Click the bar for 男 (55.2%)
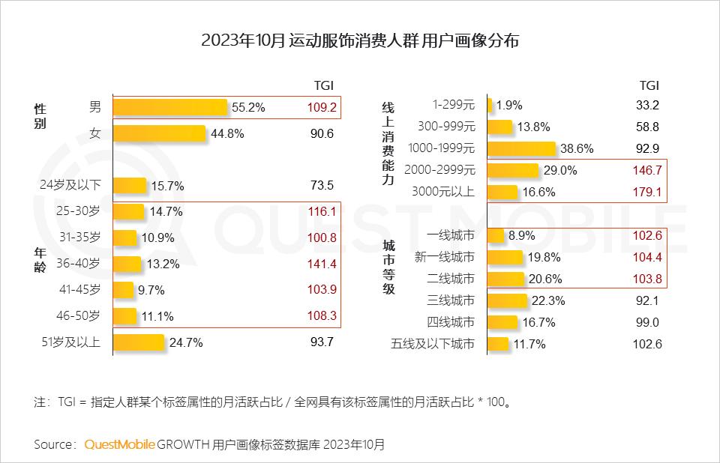pyautogui.click(x=170, y=107)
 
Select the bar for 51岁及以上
pyautogui.click(x=139, y=342)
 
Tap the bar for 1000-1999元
pyautogui.click(x=522, y=148)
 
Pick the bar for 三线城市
pyautogui.click(x=508, y=300)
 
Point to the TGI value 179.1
pyautogui.click(x=646, y=192)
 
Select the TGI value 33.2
pyautogui.click(x=646, y=105)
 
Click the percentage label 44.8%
pyautogui.click(x=226, y=134)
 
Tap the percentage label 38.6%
pyautogui.click(x=577, y=149)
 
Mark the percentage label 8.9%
pyautogui.click(x=521, y=235)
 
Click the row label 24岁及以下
pyautogui.click(x=70, y=185)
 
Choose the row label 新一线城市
pyautogui.click(x=444, y=257)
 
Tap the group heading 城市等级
pyautogui.click(x=388, y=267)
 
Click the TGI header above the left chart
pyautogui.click(x=323, y=85)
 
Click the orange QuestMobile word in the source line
pyautogui.click(x=120, y=444)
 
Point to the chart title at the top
pyautogui.click(x=360, y=41)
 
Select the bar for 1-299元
pyautogui.click(x=490, y=105)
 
